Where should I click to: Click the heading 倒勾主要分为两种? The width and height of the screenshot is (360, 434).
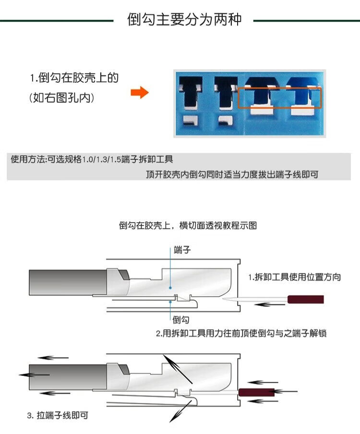coord(184,20)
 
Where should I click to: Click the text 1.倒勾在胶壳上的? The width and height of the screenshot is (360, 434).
coord(74,78)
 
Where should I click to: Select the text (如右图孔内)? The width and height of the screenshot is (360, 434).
coord(61,98)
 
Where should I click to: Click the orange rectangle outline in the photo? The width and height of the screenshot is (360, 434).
coord(280,98)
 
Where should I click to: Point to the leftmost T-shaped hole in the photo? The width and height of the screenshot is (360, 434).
coord(188,93)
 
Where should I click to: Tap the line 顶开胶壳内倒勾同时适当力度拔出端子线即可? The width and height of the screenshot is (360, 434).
coord(232,175)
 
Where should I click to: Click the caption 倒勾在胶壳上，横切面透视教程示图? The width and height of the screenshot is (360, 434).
coord(188,225)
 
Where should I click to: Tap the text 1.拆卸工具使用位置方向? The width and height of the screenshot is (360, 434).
coord(295,277)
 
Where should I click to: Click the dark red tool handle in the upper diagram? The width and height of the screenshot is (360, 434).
coord(305,300)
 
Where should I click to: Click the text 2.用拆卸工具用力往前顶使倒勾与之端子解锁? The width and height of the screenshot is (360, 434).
coord(241,333)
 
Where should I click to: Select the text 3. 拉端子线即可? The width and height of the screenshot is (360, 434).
coord(58,415)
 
